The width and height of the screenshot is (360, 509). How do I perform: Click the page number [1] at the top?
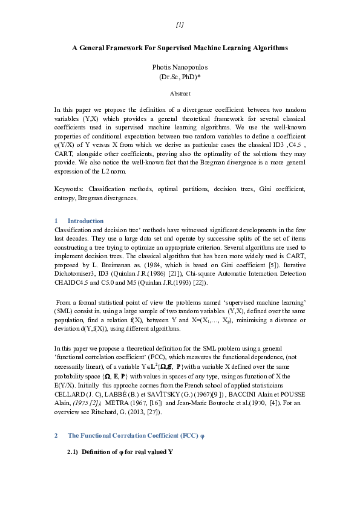pos(180,25)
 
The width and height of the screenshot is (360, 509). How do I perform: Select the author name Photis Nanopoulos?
pos(180,67)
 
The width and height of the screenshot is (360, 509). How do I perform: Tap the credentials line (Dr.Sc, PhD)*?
pos(180,77)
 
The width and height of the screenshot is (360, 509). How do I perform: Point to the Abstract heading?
pos(180,94)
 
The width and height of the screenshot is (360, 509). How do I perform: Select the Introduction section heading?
pos(85,221)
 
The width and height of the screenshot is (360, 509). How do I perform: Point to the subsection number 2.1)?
pos(73,451)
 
